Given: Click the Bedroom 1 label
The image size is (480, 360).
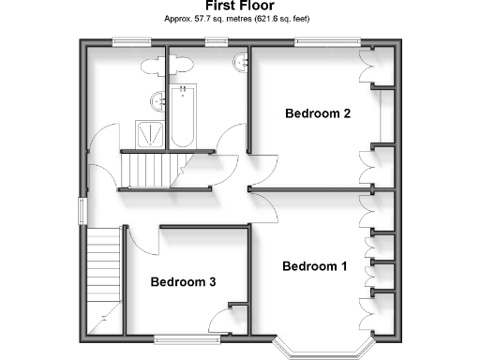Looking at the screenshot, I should point(315,266).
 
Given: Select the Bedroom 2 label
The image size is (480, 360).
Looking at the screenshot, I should point(318,114).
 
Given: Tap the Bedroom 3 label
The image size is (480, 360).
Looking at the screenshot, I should point(184,281).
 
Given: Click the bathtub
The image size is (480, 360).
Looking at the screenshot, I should point(182,116).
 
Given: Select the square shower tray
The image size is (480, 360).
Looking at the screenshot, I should point(147,133).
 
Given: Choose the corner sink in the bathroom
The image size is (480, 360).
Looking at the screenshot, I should point(240,62).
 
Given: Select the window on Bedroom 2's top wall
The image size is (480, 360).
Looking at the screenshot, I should point(326,42).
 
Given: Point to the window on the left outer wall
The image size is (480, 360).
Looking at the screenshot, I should point(82,211).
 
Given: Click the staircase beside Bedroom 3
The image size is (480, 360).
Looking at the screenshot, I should point(103,272).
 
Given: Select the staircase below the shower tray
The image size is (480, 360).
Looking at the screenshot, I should point(148,170).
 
